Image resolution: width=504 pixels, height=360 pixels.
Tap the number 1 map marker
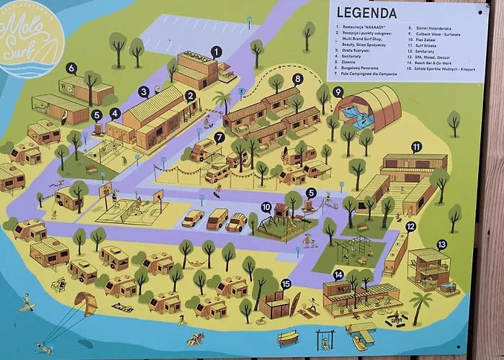click(x=217, y=51)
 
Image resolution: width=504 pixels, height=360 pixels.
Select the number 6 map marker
click(x=71, y=68)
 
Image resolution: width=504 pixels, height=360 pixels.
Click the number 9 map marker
click(x=338, y=91)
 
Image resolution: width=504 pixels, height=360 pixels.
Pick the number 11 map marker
click(x=416, y=147)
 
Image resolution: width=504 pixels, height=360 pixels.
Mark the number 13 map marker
click(x=441, y=245)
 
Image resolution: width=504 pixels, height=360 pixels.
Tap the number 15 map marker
click(x=286, y=284)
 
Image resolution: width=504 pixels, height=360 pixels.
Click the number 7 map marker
click(x=220, y=137)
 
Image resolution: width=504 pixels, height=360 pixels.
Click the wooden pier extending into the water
click(x=361, y=332)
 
